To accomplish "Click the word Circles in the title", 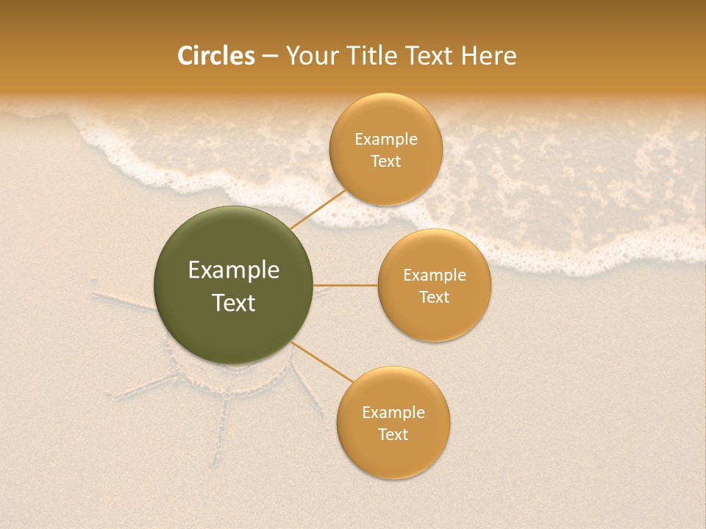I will click(x=215, y=56).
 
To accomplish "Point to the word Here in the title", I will click(x=488, y=56).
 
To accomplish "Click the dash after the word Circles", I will click(x=270, y=57).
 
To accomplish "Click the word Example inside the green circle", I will click(x=234, y=270).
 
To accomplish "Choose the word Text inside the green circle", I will click(x=234, y=303).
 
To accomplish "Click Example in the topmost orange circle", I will click(x=385, y=140).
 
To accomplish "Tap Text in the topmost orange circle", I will click(x=385, y=162).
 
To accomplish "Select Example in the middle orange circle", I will click(x=434, y=276).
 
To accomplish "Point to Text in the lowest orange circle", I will click(x=393, y=435).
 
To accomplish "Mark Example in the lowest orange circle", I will click(x=393, y=413).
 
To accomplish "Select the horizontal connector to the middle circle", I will click(x=346, y=284).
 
